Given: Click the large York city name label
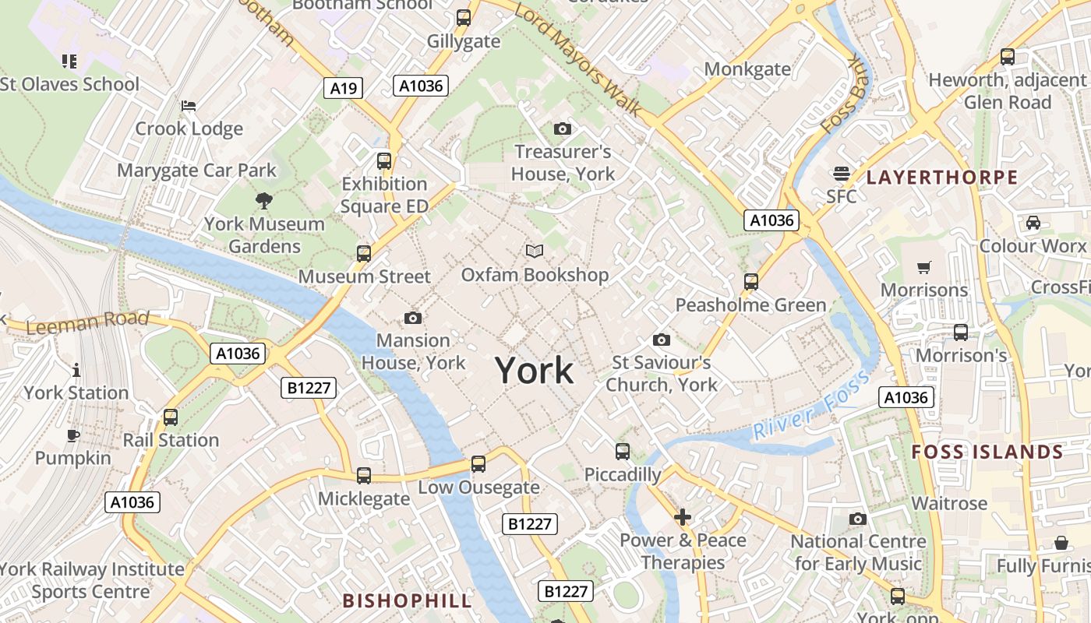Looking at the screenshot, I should point(535,371).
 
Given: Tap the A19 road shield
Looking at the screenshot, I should point(344,88).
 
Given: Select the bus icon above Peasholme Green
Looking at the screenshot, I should point(751,281).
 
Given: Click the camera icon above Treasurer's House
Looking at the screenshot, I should point(563,128).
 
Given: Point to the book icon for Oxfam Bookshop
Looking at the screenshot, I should point(534,251).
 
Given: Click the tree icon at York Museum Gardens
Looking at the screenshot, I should point(264,200).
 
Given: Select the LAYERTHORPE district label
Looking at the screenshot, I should point(941,178).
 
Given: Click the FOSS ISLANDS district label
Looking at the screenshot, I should point(987,452).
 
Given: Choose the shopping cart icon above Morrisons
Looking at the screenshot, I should point(924,267).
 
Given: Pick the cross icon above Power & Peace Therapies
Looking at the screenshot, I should point(683,516).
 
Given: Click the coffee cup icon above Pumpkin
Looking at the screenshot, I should point(73,435).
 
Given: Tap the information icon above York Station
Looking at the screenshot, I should point(76,370).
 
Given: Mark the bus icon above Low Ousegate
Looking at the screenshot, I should point(478,464).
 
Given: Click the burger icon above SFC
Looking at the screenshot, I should point(842,173).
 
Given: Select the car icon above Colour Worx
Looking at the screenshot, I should point(1033,223).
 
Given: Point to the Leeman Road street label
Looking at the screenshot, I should point(87,322).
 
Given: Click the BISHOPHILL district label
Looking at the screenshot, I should point(407,600).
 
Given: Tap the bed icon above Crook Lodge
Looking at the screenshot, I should point(189,106).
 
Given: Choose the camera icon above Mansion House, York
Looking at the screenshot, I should point(413,318).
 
